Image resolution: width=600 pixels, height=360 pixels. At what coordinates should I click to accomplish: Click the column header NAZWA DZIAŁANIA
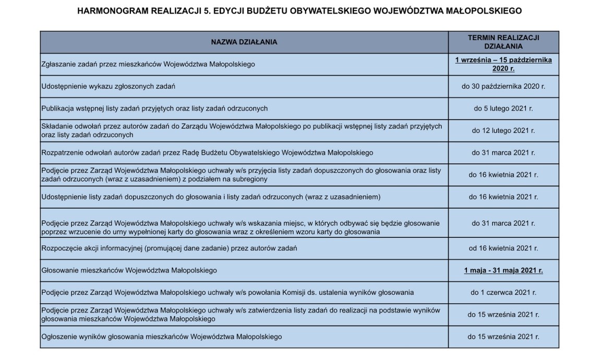tap(244, 42)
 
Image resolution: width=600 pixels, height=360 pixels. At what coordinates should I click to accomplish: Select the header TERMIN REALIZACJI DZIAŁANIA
tap(503, 42)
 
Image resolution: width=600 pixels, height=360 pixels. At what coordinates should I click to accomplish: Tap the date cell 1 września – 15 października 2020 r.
tap(503, 64)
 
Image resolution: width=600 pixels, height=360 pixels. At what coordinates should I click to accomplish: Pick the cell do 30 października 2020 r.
tap(503, 86)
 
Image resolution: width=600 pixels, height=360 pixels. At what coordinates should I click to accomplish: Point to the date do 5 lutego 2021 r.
tap(503, 109)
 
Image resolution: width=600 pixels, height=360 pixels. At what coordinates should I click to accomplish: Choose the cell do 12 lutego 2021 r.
tap(503, 130)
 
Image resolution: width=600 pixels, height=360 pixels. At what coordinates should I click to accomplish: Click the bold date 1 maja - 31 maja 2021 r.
tap(503, 270)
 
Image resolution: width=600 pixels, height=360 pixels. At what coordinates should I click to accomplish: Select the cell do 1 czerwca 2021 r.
tap(503, 292)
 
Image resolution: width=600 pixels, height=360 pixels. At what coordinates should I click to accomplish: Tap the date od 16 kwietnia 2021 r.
tap(503, 248)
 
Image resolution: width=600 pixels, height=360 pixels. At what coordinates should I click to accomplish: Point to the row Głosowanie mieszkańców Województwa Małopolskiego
tap(129, 270)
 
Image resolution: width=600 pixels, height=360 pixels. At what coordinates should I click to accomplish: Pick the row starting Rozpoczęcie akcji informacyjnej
tap(169, 248)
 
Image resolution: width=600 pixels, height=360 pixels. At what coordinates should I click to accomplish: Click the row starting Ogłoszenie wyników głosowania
tap(162, 337)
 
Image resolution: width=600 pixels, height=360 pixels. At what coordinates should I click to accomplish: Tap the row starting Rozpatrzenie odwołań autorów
tap(207, 153)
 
